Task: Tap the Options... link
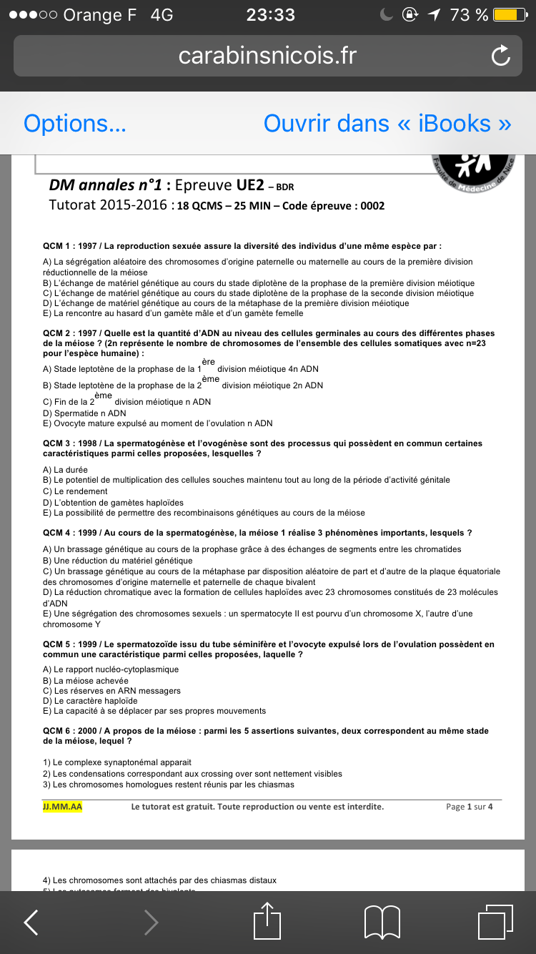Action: coord(75,124)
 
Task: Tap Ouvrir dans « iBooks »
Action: coord(387,124)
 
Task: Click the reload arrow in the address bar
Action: coord(501,56)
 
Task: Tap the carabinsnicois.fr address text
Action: coord(267,56)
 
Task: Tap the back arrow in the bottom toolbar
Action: coord(31,922)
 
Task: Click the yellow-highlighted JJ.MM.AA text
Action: coord(62,807)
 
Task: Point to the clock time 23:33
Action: coord(270,15)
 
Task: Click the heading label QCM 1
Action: coord(60,246)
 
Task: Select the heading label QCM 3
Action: coord(60,443)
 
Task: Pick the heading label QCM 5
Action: coord(60,644)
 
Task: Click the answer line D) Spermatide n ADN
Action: coord(84,413)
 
